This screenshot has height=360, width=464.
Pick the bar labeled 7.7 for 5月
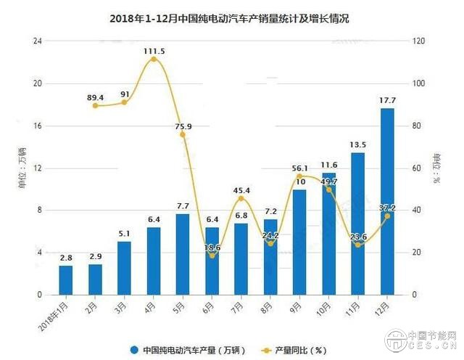tap(183, 254)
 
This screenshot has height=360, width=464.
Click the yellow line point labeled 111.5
tap(154, 59)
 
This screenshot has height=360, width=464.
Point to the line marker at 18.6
tap(212, 255)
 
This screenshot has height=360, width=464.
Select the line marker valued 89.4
tap(95, 106)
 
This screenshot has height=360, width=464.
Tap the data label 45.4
tap(241, 190)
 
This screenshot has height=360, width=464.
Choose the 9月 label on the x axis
tap(298, 308)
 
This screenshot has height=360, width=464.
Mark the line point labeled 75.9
tap(183, 135)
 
